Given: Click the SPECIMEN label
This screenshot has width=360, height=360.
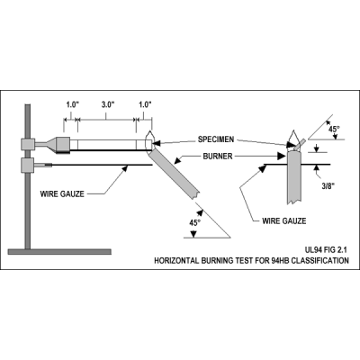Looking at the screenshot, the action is tap(216, 139).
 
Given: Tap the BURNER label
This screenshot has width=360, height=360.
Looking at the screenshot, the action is tap(218, 156).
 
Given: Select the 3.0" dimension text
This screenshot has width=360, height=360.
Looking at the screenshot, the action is tap(108, 104).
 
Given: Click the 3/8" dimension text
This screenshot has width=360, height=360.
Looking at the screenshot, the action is tap(328, 186).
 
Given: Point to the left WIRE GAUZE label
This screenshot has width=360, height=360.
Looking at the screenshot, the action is tap(62, 193).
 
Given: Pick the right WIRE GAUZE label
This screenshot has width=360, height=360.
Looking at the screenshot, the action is tap(284, 221).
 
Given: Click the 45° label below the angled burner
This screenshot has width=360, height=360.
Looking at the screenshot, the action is tap(194, 223).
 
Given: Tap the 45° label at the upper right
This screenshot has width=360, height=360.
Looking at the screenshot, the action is tap(334, 129).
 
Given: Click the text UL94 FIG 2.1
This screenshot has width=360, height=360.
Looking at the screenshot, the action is tap(327, 249).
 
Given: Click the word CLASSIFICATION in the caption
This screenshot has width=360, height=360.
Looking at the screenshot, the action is tap(320, 260).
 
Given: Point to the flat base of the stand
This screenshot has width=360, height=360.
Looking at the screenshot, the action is tap(59, 252).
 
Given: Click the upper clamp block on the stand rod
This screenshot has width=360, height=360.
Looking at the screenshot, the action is tap(28, 144).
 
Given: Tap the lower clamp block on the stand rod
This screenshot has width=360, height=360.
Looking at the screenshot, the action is tap(28, 166).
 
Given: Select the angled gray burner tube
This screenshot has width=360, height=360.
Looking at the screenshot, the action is tap(174, 174).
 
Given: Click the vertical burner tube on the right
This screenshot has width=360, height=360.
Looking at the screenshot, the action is tap(294, 177).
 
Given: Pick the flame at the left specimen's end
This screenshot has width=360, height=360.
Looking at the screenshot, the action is tap(149, 139).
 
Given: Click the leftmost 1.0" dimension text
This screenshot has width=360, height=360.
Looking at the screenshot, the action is tap(72, 104).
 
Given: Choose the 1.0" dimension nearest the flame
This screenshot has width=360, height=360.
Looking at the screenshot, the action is tap(145, 104).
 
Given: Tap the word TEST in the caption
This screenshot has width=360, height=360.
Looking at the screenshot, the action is tap(246, 260).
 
